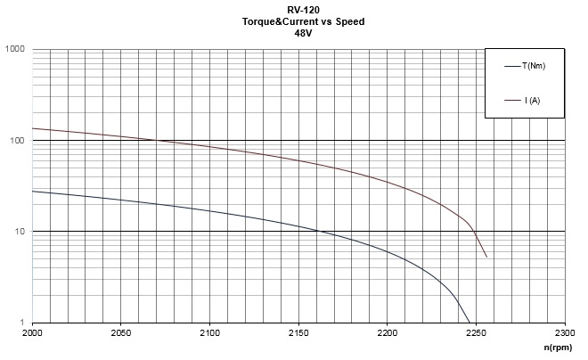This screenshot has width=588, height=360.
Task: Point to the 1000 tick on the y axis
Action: click(14, 49)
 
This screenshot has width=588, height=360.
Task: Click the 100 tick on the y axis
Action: click(17, 141)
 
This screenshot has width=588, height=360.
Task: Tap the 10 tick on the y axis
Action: click(20, 232)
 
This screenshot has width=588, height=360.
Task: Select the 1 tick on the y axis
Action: click(22, 323)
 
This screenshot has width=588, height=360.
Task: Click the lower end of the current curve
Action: click(486, 258)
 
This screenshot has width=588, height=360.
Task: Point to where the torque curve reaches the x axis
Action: click(469, 323)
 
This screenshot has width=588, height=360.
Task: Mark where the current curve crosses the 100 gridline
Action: click(155, 141)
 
